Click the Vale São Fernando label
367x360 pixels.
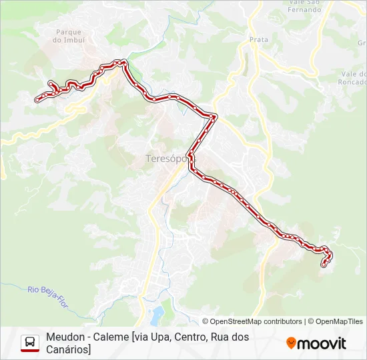click(305, 7)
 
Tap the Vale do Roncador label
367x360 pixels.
click(353, 79)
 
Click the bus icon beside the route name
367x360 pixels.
click(30, 343)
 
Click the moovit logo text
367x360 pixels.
click(322, 343)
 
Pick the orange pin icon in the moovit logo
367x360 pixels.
click(291, 343)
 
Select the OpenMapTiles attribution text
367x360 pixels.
click(339, 321)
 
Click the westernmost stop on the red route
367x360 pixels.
click(37, 100)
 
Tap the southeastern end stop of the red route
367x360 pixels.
click(324, 265)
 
